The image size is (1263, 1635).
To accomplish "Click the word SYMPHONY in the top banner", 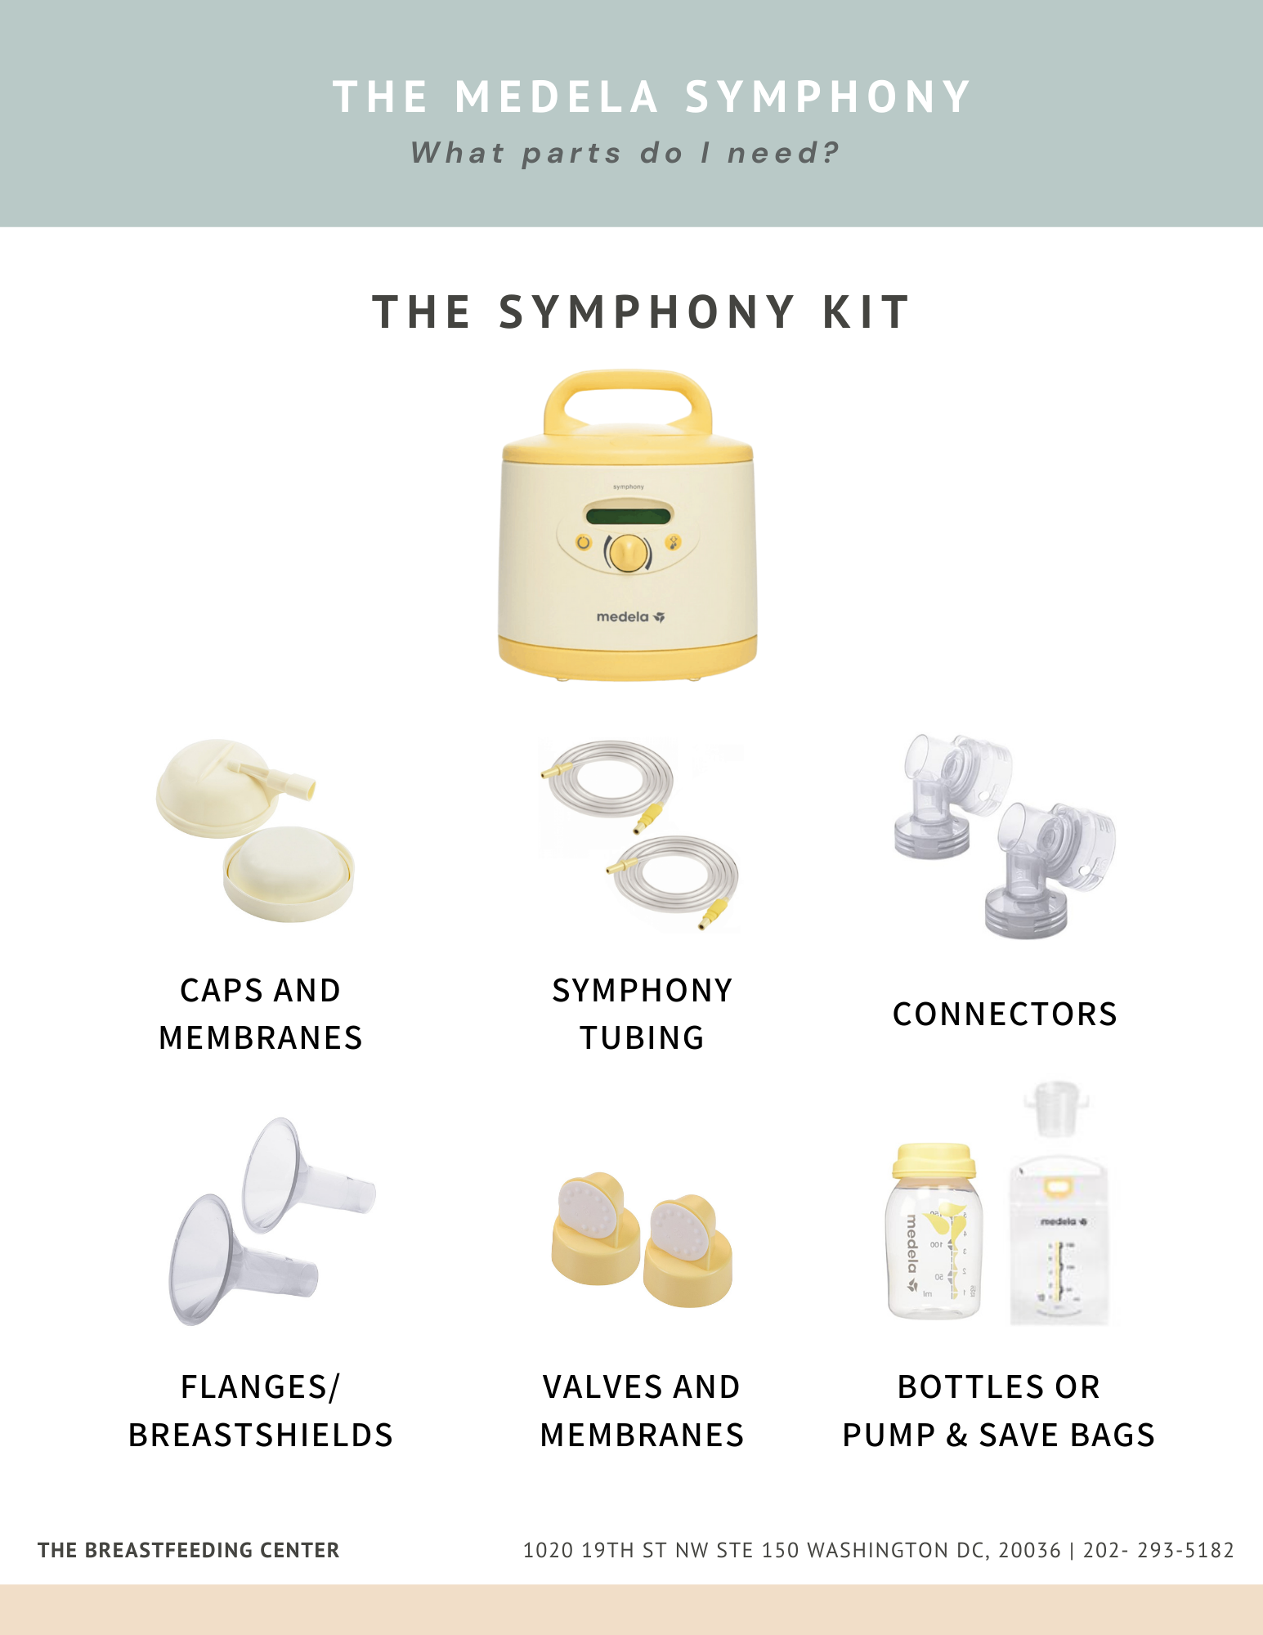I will [827, 97].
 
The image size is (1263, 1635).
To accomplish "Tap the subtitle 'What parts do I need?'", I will [625, 153].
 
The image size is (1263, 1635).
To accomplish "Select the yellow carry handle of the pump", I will [628, 392].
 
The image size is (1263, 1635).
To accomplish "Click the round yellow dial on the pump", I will [628, 553].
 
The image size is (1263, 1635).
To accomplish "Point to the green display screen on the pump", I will [628, 516].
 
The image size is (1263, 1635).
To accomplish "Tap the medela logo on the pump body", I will [629, 617].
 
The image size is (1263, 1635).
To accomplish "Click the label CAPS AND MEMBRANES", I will [260, 1014].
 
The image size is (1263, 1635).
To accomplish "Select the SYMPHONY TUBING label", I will [642, 1014].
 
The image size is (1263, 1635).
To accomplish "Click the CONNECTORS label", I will [1004, 1015].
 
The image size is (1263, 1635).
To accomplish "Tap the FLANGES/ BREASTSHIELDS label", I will [260, 1411].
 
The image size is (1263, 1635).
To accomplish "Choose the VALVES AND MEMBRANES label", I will [642, 1411].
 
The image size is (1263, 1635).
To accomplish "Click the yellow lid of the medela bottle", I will [934, 1159].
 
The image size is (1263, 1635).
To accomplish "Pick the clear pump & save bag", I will [1059, 1239].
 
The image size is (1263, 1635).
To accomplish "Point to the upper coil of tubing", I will [610, 777].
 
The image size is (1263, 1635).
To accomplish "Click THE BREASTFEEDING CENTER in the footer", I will [188, 1550].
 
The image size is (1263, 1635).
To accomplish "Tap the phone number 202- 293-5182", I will [1158, 1550].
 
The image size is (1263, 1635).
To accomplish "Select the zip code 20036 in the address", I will [1029, 1550].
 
